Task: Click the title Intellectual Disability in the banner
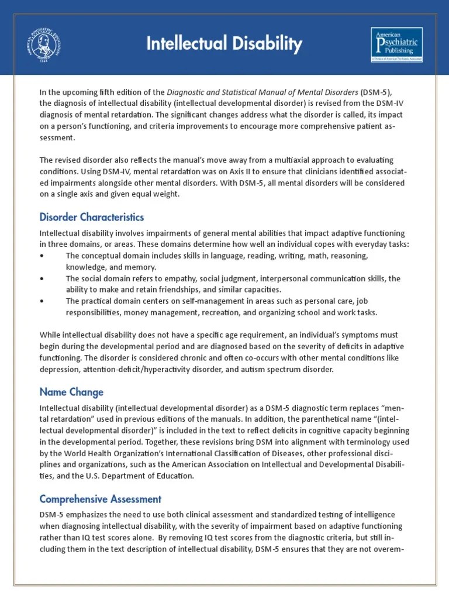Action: click(x=224, y=43)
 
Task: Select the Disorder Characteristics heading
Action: click(x=91, y=217)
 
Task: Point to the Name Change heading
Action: click(x=71, y=391)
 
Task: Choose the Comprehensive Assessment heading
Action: click(x=100, y=499)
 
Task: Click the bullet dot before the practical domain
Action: click(x=42, y=301)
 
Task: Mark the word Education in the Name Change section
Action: click(x=174, y=476)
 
